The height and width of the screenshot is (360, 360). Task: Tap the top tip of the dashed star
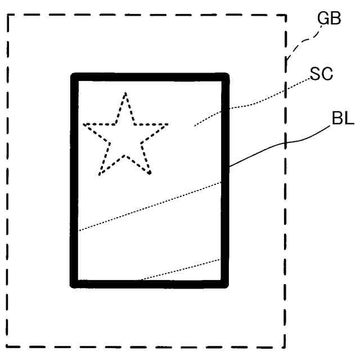(125, 93)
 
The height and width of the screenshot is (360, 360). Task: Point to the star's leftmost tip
(84, 124)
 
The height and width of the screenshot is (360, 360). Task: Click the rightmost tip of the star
(168, 124)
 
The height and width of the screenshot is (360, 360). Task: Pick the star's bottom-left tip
(100, 174)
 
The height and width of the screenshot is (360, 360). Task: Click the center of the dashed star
(125, 138)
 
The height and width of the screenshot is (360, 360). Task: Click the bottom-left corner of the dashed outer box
(8, 347)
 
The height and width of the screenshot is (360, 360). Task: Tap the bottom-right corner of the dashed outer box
(286, 347)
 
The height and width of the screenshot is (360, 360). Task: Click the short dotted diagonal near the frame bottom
(180, 269)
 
